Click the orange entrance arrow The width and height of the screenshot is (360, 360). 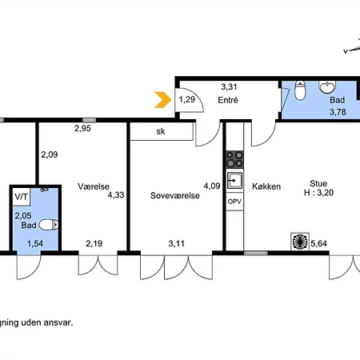tap(163, 100)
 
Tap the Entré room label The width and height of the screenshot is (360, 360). tap(228, 100)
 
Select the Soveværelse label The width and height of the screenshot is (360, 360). tap(175, 195)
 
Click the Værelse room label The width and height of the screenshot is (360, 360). tap(94, 186)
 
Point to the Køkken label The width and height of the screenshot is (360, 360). tap(266, 186)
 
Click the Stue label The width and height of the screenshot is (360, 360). tap(318, 183)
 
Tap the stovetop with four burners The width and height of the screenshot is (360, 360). tap(234, 159)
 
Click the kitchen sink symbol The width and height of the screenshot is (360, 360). tap(234, 181)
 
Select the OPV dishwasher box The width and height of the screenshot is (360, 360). tap(234, 202)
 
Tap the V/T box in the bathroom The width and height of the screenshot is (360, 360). tap(22, 197)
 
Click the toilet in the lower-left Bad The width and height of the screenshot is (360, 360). tap(49, 225)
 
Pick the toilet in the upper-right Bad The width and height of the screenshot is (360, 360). tap(300, 90)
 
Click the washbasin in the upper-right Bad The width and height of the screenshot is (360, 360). tap(327, 87)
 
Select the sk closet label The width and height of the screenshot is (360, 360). tap(161, 131)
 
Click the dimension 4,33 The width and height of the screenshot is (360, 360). tap(116, 195)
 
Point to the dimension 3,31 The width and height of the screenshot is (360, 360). tap(229, 86)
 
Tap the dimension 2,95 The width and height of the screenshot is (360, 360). tap(82, 129)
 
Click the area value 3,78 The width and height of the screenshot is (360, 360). tap(338, 112)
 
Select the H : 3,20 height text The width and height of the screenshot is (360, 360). tap(318, 193)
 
